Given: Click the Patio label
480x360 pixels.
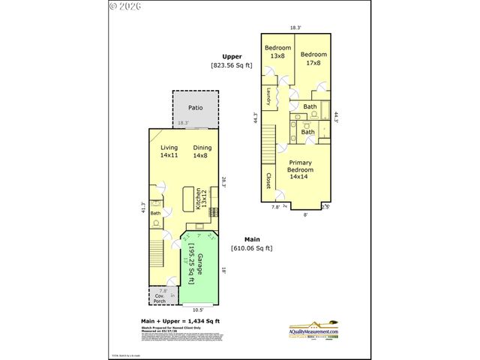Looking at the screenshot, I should point(195,108).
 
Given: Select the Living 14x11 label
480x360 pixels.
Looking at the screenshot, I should point(169,151).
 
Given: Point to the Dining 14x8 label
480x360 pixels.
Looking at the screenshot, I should point(202,151).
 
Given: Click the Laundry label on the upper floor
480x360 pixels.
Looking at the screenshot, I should point(268,97).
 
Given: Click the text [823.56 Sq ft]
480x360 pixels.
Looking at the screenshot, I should point(231,65).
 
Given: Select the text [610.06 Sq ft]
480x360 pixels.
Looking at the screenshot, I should point(251,248).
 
